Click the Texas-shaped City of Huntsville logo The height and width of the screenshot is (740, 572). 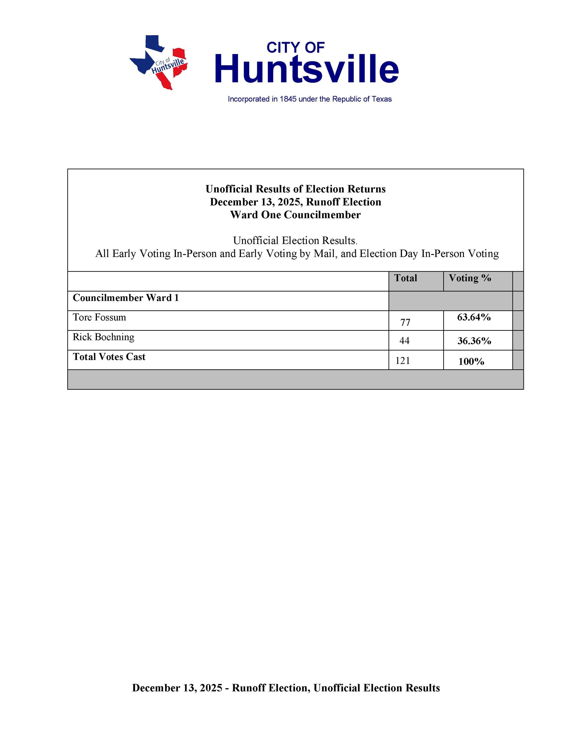[158, 62]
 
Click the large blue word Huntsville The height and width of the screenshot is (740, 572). [306, 69]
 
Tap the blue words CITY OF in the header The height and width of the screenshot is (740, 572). [296, 48]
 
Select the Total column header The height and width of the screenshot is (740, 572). [405, 278]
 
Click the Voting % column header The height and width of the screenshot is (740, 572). [470, 278]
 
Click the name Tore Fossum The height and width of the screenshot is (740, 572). [99, 317]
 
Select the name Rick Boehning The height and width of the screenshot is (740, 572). [103, 337]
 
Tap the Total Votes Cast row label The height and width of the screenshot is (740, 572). [109, 357]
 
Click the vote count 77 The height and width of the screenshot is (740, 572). [405, 322]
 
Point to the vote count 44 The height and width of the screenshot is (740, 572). [404, 340]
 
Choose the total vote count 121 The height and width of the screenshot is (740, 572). [403, 361]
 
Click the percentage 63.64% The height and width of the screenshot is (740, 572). [474, 317]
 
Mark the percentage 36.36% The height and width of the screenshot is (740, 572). [474, 341]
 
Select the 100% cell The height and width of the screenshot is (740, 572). [471, 361]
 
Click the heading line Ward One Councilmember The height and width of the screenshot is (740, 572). [295, 215]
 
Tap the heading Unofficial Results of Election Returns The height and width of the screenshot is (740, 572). [295, 189]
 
